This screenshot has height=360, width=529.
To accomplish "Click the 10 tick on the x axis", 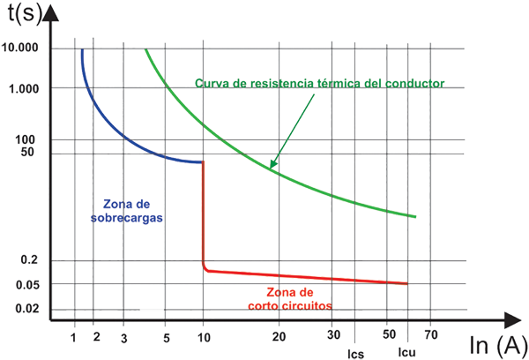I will click(204, 337).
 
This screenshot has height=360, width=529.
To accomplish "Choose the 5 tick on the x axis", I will click(167, 337).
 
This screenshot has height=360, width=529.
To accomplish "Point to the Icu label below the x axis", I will click(406, 353).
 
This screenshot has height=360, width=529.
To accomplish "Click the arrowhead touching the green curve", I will click(272, 165).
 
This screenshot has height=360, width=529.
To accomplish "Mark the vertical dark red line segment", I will click(204, 212).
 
